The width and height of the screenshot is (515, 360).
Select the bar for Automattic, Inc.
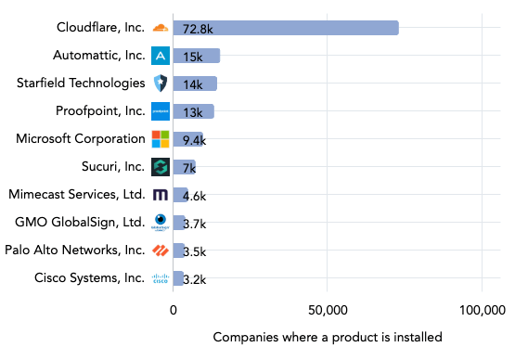[x=197, y=56]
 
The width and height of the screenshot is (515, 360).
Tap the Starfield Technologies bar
[x=195, y=84]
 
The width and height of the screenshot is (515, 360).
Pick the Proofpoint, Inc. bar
[x=193, y=111]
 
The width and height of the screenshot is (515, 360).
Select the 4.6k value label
[x=194, y=196]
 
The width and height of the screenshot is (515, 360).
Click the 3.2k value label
[x=194, y=279]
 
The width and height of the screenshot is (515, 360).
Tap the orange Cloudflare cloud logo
[x=161, y=28]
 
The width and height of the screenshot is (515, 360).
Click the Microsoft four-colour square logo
[x=161, y=139]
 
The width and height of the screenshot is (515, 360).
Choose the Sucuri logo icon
[x=161, y=167]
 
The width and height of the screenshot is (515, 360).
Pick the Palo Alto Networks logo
[x=161, y=251]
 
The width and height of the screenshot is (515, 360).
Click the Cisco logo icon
[x=161, y=278]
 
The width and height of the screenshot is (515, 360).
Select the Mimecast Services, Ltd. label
[x=76, y=195]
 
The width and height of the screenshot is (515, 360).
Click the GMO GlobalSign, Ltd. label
[x=80, y=223]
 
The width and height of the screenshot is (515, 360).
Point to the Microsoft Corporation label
[x=81, y=139]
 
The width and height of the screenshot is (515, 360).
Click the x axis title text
[x=328, y=337]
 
